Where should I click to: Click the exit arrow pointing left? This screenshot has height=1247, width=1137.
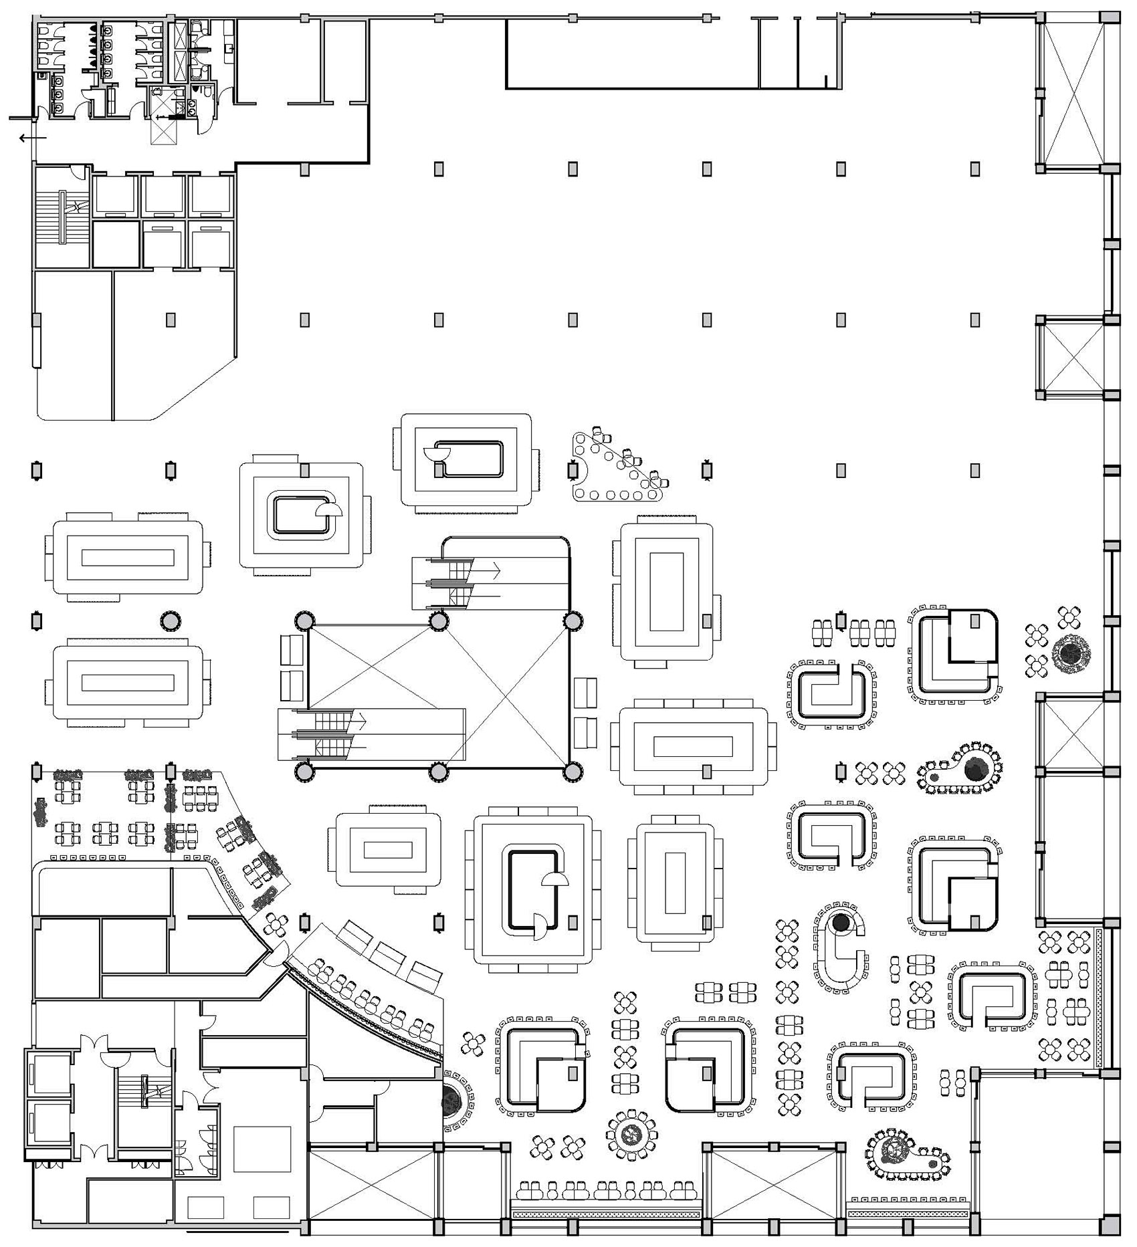[32, 138]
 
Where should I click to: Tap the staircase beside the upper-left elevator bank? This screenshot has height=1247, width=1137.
[63, 217]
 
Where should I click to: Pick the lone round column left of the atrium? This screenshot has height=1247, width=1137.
[171, 621]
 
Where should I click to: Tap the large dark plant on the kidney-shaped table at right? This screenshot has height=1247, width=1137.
[976, 770]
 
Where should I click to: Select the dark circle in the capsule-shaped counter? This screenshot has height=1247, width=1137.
[840, 923]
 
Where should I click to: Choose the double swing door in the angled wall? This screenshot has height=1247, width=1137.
[278, 953]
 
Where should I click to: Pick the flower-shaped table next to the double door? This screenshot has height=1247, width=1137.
[276, 925]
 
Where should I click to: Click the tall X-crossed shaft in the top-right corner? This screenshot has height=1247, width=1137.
[1071, 94]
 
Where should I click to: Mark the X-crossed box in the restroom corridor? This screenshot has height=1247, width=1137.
[163, 124]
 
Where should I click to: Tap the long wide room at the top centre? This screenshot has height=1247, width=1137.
[632, 53]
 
